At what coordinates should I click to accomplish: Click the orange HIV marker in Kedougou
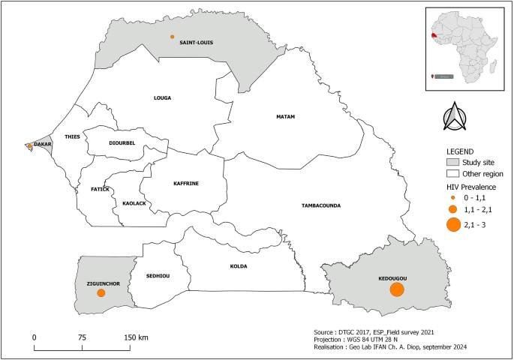click(397, 290)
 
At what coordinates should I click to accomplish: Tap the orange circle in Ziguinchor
click(101, 294)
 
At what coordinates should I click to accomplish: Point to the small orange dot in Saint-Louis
click(173, 37)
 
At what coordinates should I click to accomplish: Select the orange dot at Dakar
click(29, 145)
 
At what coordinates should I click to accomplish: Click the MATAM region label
click(285, 117)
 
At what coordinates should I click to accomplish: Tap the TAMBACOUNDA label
click(321, 205)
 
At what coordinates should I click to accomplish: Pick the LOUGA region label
click(163, 97)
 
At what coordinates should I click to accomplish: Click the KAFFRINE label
click(185, 182)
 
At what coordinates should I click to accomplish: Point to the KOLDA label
click(239, 266)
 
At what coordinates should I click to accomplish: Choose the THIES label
click(73, 137)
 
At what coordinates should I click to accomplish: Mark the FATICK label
click(100, 189)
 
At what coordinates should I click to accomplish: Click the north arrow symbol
click(454, 116)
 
